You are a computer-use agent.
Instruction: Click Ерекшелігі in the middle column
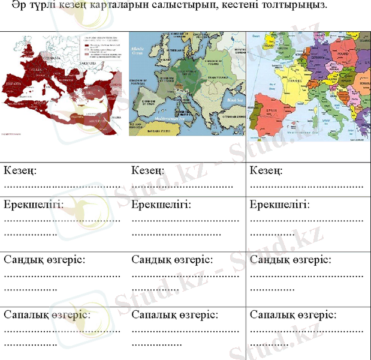(x=161, y=205)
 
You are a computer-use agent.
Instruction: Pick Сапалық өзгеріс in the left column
(x=47, y=314)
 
